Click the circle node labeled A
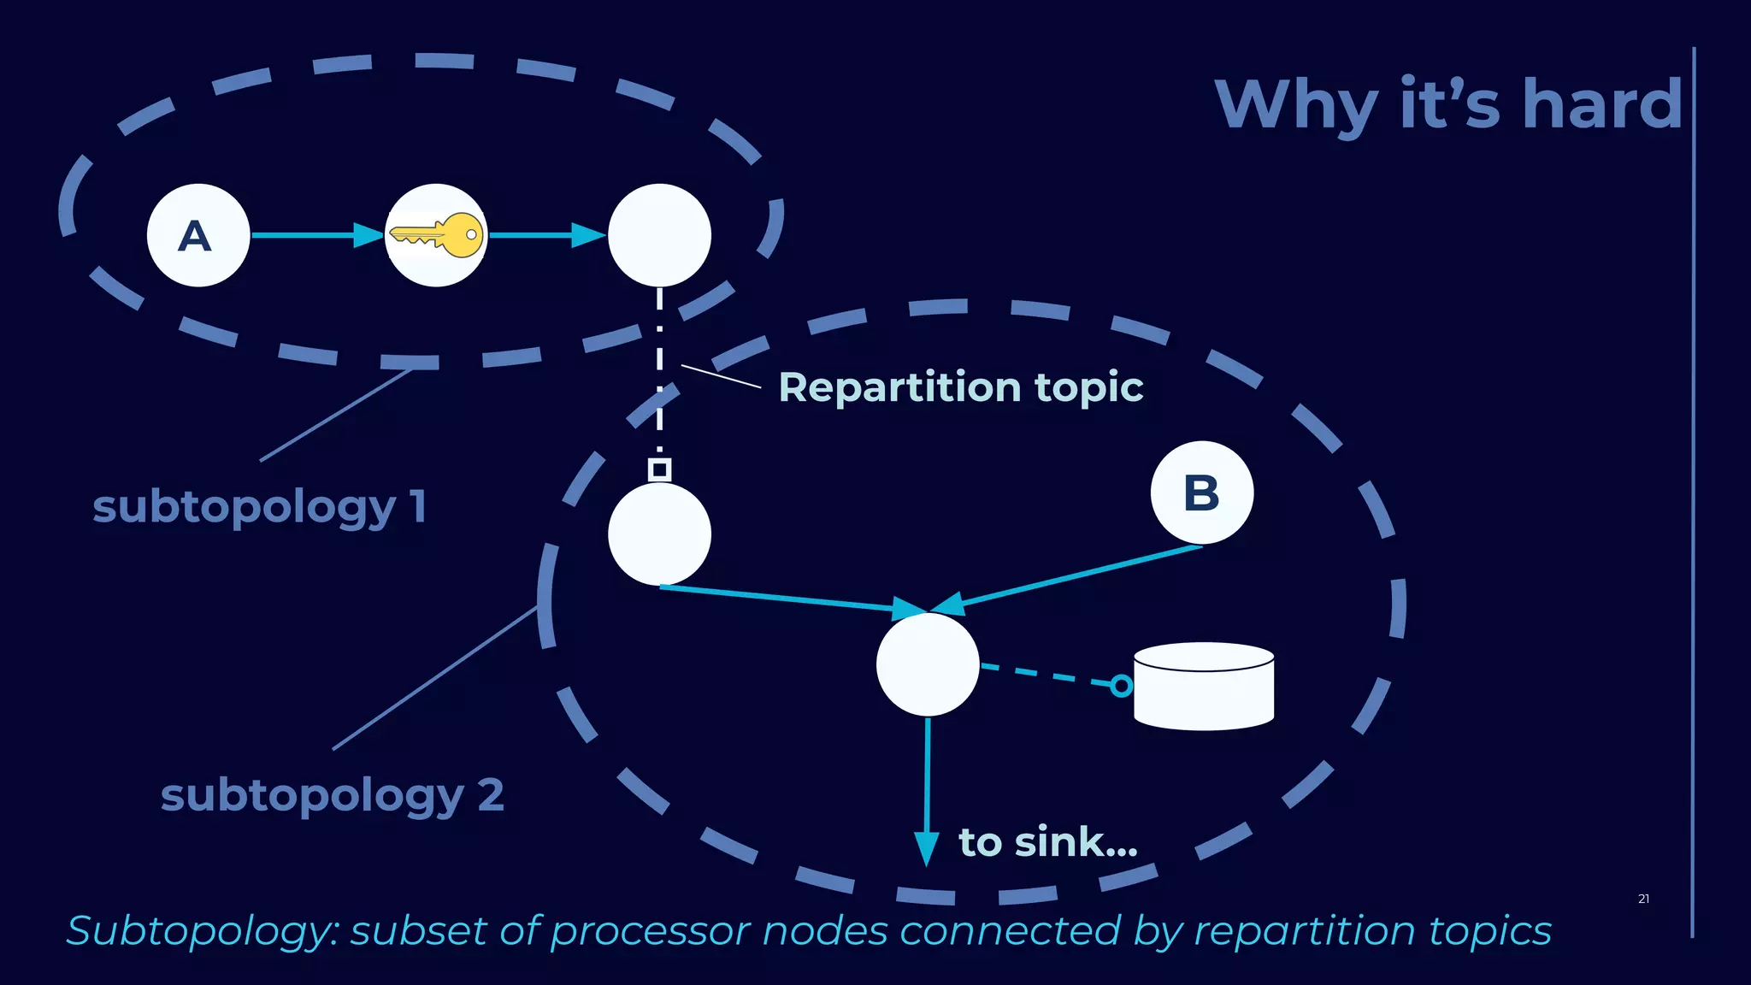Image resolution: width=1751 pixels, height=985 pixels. (198, 235)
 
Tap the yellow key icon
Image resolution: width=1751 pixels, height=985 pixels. (437, 235)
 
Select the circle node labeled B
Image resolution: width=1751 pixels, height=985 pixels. (1201, 492)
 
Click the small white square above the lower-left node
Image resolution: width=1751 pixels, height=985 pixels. (659, 469)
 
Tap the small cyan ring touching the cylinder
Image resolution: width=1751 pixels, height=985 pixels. (1121, 686)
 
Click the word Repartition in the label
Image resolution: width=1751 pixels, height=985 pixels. (899, 387)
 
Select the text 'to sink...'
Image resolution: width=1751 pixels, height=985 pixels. (1048, 842)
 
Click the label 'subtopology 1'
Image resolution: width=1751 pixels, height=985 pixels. (259, 507)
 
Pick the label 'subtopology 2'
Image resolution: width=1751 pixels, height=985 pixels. (332, 796)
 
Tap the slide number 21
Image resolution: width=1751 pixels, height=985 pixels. (1643, 899)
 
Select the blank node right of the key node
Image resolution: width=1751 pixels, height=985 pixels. (659, 235)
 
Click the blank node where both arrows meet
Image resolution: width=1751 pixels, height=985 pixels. (928, 665)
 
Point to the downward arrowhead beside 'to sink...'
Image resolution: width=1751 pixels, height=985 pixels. (927, 848)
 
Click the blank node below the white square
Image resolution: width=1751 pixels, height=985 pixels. (659, 534)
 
